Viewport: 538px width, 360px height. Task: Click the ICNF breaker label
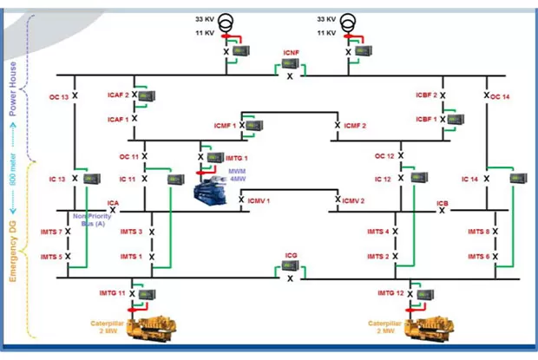[290, 53]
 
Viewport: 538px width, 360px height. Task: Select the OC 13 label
[58, 97]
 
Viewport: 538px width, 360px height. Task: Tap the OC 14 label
[501, 96]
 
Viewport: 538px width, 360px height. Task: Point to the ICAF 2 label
[118, 95]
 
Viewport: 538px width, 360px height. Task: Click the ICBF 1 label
[426, 119]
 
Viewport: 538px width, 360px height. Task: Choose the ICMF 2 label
[355, 127]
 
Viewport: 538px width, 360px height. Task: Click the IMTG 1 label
[236, 157]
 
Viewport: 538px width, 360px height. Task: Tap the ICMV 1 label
[259, 200]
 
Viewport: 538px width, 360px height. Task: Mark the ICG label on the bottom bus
[291, 256]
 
